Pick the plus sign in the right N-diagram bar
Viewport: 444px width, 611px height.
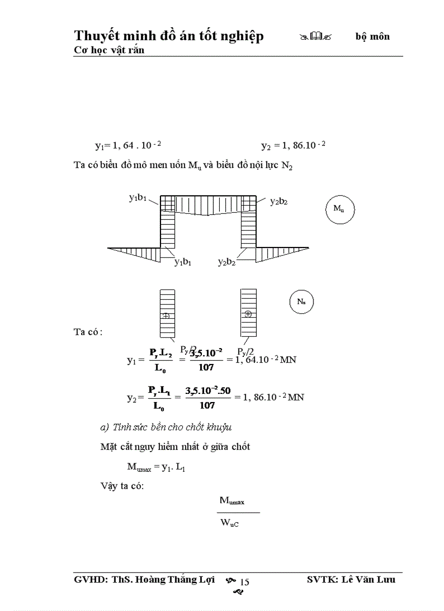(249, 313)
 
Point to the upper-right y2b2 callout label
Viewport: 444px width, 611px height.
(279, 201)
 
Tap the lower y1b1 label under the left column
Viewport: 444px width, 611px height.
(183, 262)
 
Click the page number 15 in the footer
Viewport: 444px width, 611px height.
(244, 582)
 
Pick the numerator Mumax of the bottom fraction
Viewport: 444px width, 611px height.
(232, 501)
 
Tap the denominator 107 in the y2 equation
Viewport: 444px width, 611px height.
(207, 405)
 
